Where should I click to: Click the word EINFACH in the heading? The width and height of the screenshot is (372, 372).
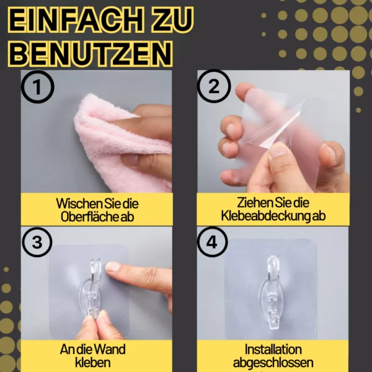[76, 20]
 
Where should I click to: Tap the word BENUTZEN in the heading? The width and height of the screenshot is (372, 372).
[90, 54]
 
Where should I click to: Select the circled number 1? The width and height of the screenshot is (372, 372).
[37, 87]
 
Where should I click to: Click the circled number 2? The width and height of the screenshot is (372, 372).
[214, 86]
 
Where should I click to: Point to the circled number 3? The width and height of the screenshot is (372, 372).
[37, 242]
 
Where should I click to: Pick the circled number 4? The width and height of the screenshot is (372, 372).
[212, 242]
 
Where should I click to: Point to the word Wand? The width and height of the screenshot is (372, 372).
[111, 350]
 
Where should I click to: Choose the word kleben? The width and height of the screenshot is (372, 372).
[93, 363]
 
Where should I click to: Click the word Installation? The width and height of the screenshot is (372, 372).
[273, 350]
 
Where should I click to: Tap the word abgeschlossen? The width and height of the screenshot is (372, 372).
[273, 363]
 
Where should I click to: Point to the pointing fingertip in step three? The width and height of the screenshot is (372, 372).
[111, 267]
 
